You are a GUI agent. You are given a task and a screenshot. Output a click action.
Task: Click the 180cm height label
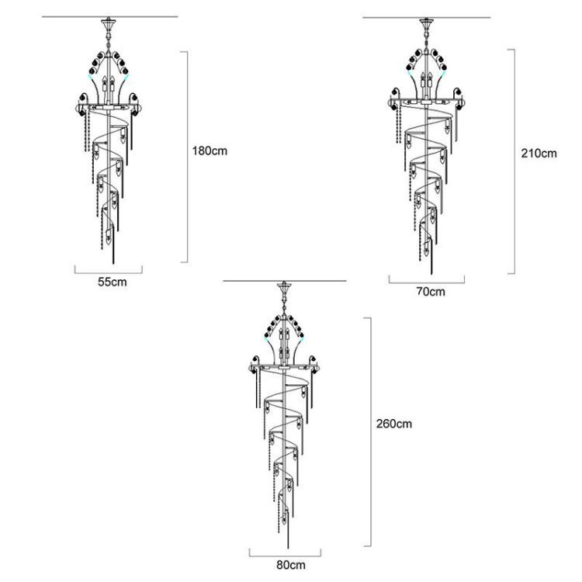[x=210, y=151]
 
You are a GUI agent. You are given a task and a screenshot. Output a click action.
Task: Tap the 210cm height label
[x=539, y=154]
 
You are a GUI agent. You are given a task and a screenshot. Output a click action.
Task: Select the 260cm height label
[x=394, y=424]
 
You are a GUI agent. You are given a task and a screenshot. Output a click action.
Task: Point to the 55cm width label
[x=112, y=282]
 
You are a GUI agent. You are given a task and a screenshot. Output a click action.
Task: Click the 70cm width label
[x=431, y=291]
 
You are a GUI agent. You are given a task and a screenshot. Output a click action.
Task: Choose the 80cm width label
[x=291, y=565]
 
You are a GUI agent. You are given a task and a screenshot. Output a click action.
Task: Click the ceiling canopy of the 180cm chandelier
[x=107, y=23]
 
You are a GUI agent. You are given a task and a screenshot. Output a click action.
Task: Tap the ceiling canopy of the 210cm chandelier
[x=427, y=24]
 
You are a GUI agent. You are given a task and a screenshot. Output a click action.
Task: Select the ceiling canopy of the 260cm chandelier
[x=284, y=287]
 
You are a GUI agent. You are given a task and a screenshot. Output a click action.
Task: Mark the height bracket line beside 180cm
[x=188, y=157]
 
